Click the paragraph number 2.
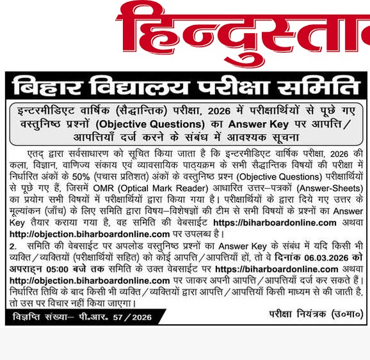coord(12,246)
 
